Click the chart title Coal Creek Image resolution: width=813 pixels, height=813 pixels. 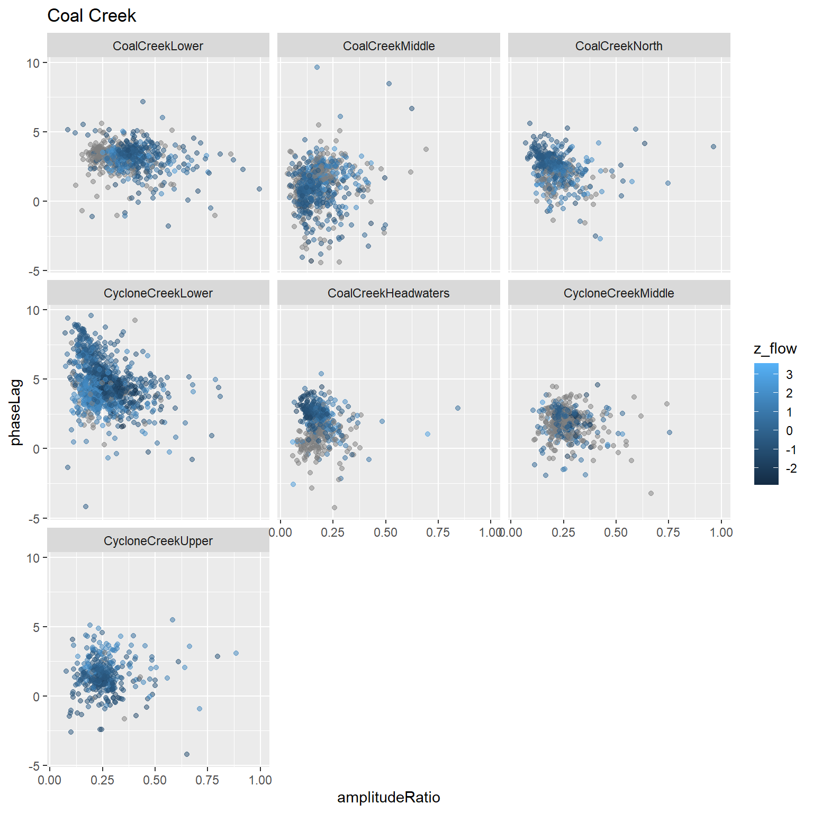click(92, 16)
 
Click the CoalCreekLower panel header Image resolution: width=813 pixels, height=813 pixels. click(158, 46)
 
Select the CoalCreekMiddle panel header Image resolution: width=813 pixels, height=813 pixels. click(389, 46)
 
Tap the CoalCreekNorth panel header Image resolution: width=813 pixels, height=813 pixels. click(619, 46)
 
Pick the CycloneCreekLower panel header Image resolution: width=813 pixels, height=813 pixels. click(158, 293)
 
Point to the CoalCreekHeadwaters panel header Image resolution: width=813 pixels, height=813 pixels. click(389, 293)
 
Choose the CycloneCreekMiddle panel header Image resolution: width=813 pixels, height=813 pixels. click(619, 293)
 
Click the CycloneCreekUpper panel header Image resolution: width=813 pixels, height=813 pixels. click(158, 541)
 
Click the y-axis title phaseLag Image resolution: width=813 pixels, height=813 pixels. click(16, 412)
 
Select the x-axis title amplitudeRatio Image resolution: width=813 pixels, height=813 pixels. click(389, 797)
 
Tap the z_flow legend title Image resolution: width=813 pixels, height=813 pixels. click(775, 348)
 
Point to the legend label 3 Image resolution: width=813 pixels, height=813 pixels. click(789, 375)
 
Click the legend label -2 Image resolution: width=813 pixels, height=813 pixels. click(791, 468)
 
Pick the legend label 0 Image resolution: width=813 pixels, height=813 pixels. click(789, 431)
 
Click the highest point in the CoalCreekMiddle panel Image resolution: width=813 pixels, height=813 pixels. click(317, 67)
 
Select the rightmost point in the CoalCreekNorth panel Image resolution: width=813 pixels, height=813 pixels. click(713, 147)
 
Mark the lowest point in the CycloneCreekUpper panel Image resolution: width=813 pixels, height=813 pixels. click(186, 754)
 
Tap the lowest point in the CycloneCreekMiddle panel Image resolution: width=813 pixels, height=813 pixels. click(651, 493)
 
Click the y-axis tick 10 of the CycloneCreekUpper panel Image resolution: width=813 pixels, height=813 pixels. click(33, 558)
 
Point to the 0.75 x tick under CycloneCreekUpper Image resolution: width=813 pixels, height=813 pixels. click(207, 780)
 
